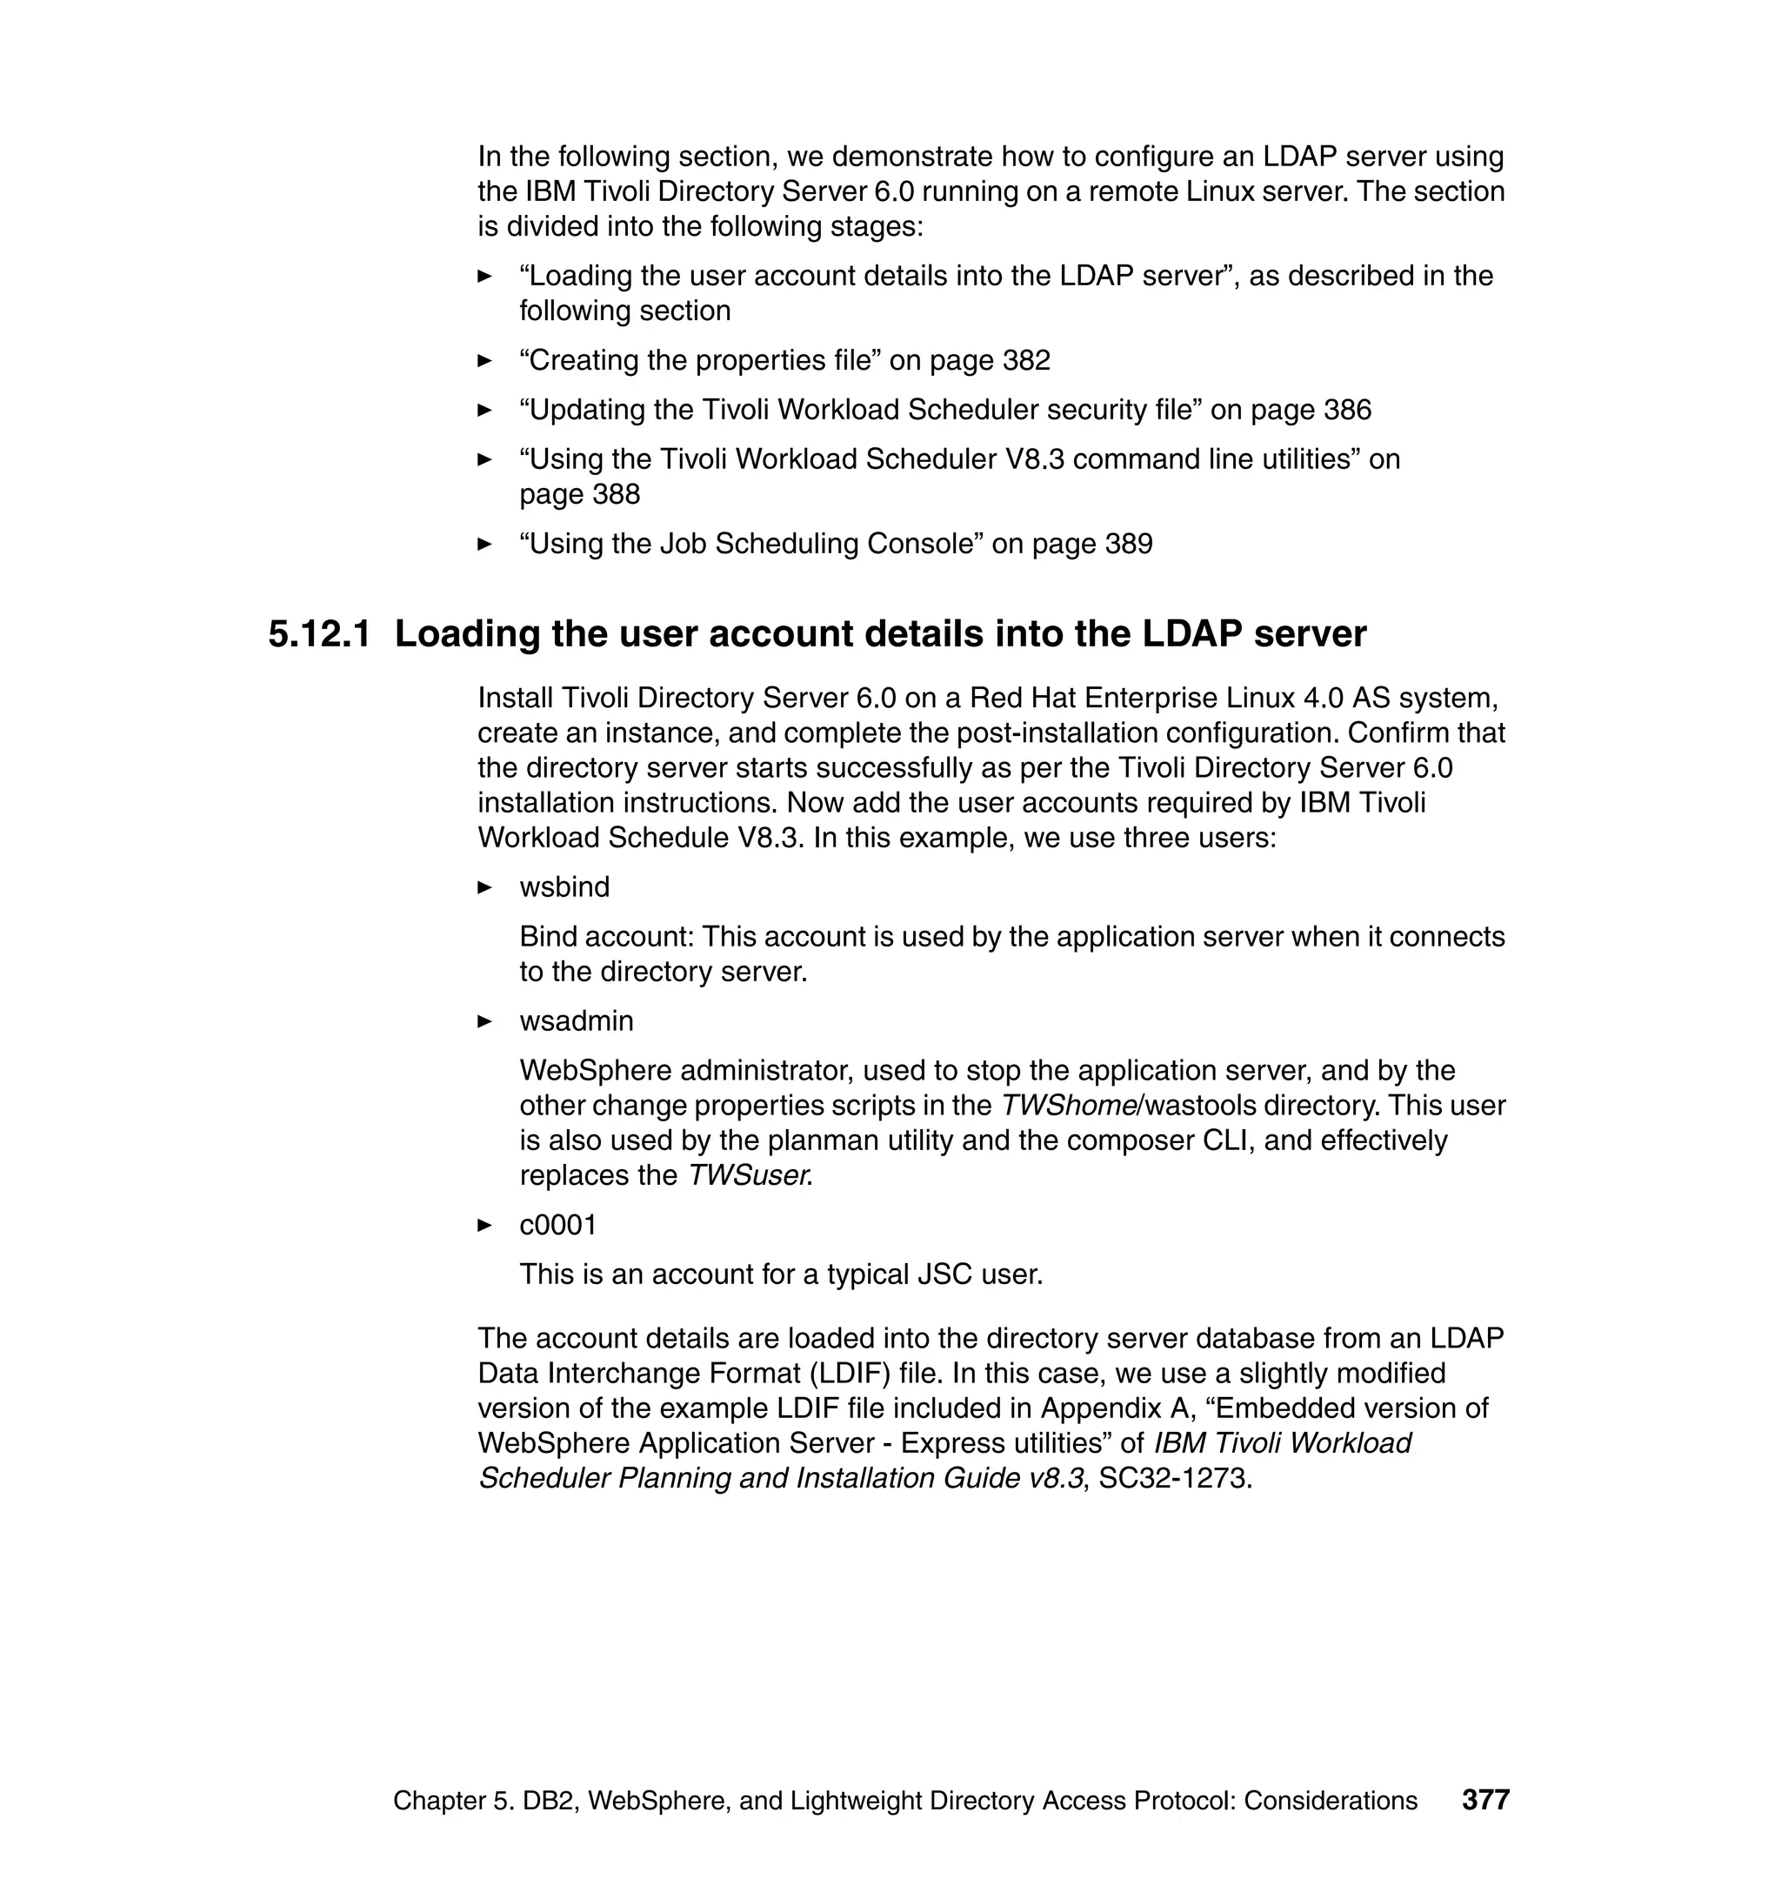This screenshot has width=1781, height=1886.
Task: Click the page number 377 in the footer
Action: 1484,1800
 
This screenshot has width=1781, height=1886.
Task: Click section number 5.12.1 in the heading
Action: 319,634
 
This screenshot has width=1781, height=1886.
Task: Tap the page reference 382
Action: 1025,361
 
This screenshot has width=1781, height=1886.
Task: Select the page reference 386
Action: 1346,411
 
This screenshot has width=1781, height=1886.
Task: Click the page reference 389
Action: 1128,545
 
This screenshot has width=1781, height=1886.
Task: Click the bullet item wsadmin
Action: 576,1021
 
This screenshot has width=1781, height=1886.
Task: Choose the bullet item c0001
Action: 557,1225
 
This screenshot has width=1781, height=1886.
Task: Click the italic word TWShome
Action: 1069,1106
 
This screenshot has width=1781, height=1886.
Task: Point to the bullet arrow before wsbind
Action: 485,888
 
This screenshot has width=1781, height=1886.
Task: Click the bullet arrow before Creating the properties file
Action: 485,361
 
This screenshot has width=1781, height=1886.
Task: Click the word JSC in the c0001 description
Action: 944,1274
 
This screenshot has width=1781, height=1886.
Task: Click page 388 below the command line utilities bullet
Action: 579,495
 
